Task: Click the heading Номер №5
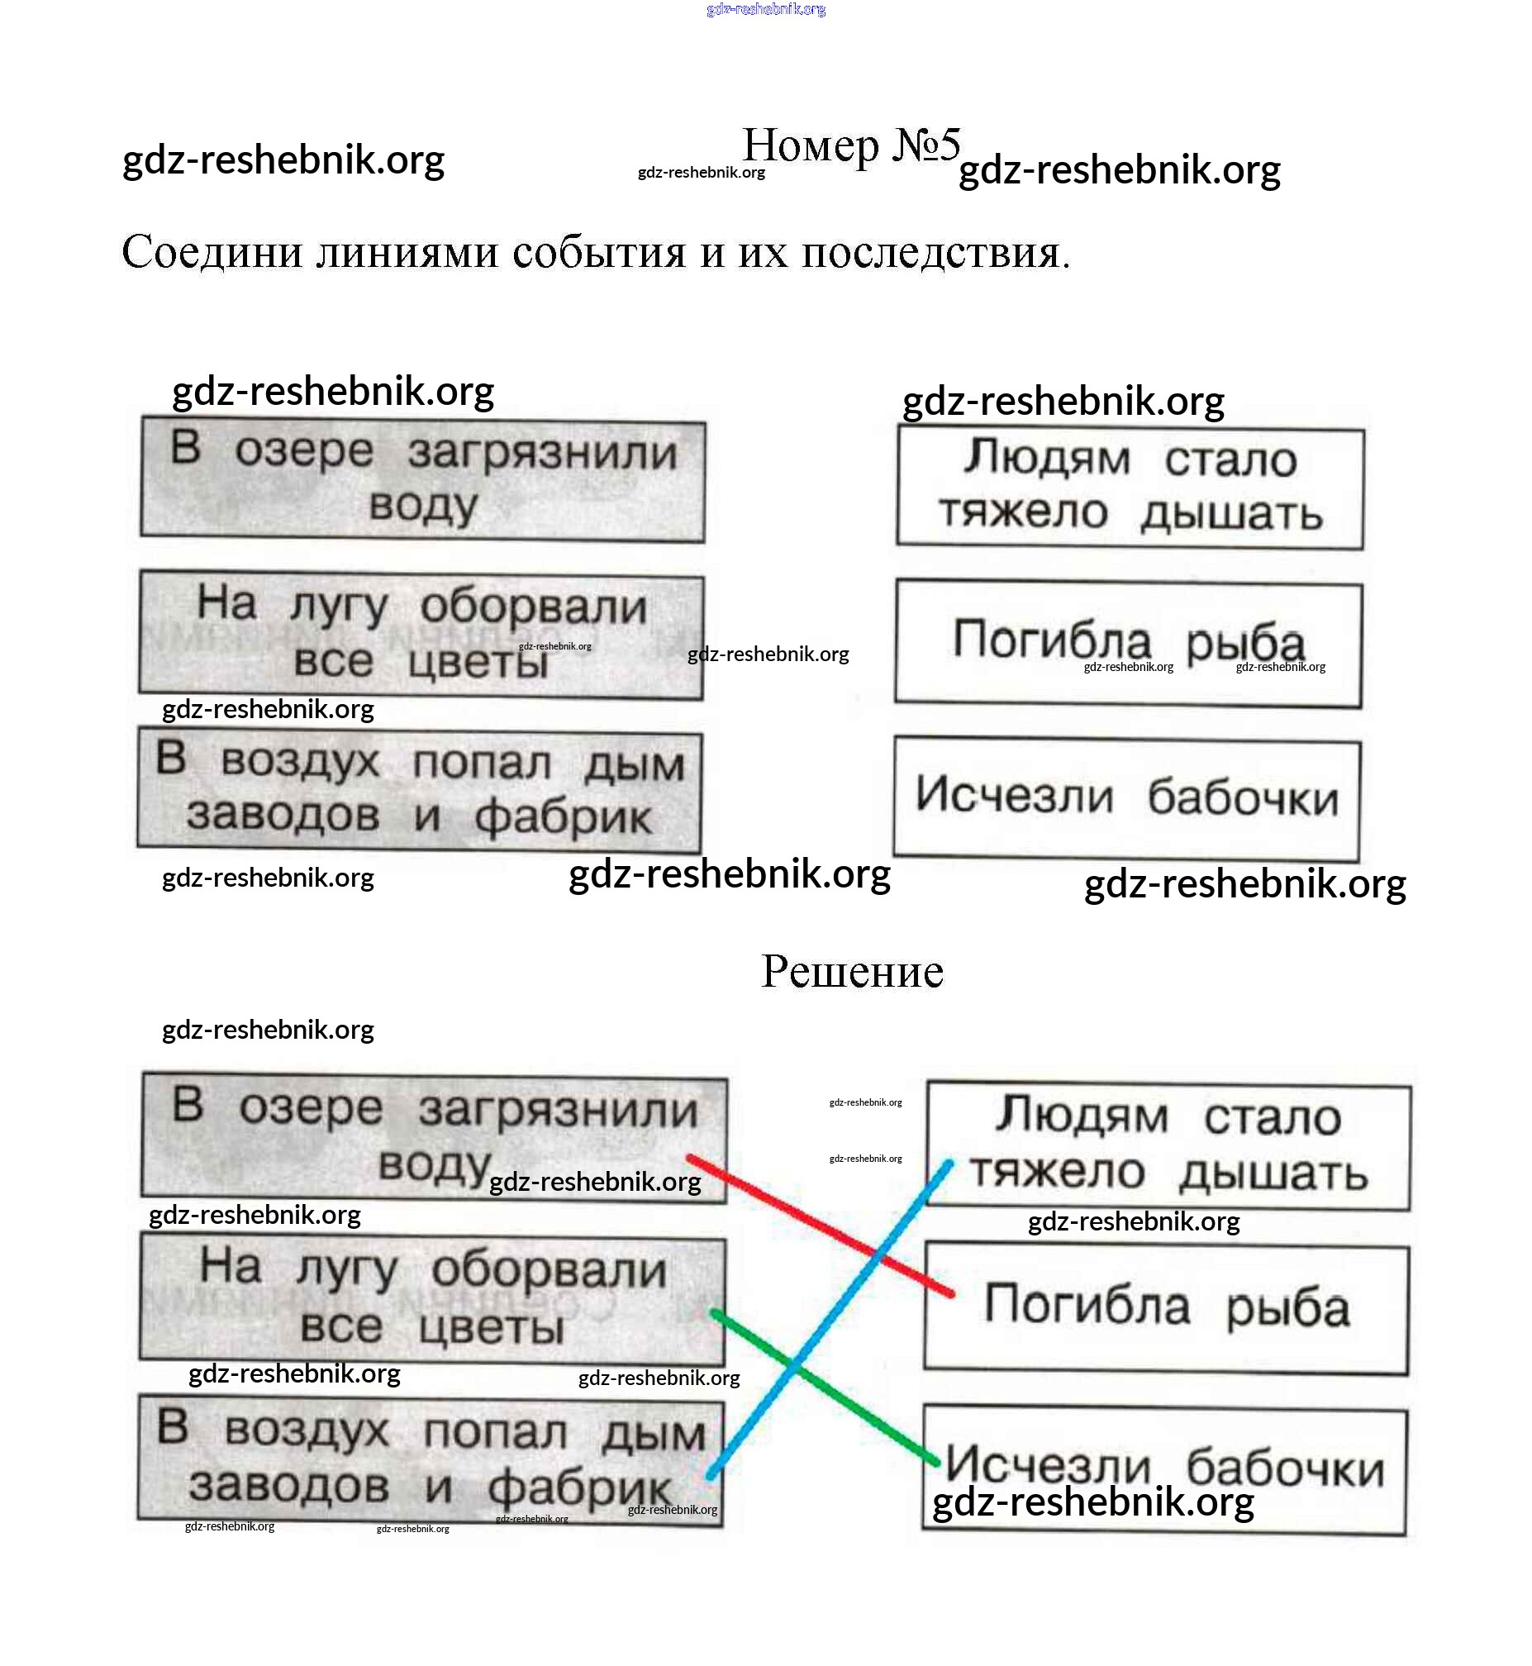(850, 146)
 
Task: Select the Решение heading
(851, 970)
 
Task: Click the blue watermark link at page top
(765, 9)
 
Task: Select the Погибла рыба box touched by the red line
(1166, 1308)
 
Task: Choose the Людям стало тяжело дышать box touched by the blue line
(1168, 1145)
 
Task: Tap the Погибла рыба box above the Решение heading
(1127, 642)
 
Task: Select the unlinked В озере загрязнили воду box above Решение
(422, 480)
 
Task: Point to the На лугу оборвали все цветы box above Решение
(421, 634)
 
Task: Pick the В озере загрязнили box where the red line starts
(434, 1136)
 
